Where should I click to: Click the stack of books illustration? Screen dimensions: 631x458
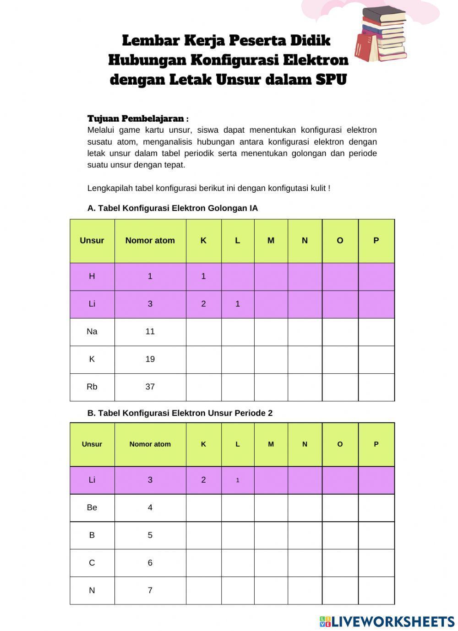tap(381, 36)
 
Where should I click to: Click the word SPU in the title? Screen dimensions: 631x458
tap(331, 80)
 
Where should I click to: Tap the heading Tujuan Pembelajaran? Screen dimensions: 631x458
tap(136, 119)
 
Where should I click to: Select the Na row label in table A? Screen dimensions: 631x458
tap(92, 331)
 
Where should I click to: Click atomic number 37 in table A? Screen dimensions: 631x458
tap(150, 387)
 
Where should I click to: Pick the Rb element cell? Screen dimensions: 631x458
tap(92, 387)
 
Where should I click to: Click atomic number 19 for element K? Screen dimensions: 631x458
tap(150, 359)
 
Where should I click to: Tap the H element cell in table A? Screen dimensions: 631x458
tap(92, 276)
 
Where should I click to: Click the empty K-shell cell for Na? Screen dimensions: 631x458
tap(203, 332)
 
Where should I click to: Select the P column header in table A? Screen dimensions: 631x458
tap(376, 240)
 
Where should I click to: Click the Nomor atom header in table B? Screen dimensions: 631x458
tap(150, 444)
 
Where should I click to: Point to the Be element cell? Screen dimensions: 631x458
tap(92, 507)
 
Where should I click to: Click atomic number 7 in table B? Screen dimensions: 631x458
tap(150, 590)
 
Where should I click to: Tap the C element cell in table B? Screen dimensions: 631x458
tap(92, 563)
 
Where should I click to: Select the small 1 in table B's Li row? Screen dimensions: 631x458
tap(238, 480)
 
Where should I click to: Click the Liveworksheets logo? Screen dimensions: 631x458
tap(387, 621)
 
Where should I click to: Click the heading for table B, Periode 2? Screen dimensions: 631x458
tap(180, 413)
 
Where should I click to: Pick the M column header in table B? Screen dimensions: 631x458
tap(271, 444)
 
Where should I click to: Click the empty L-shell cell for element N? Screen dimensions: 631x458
tap(238, 590)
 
